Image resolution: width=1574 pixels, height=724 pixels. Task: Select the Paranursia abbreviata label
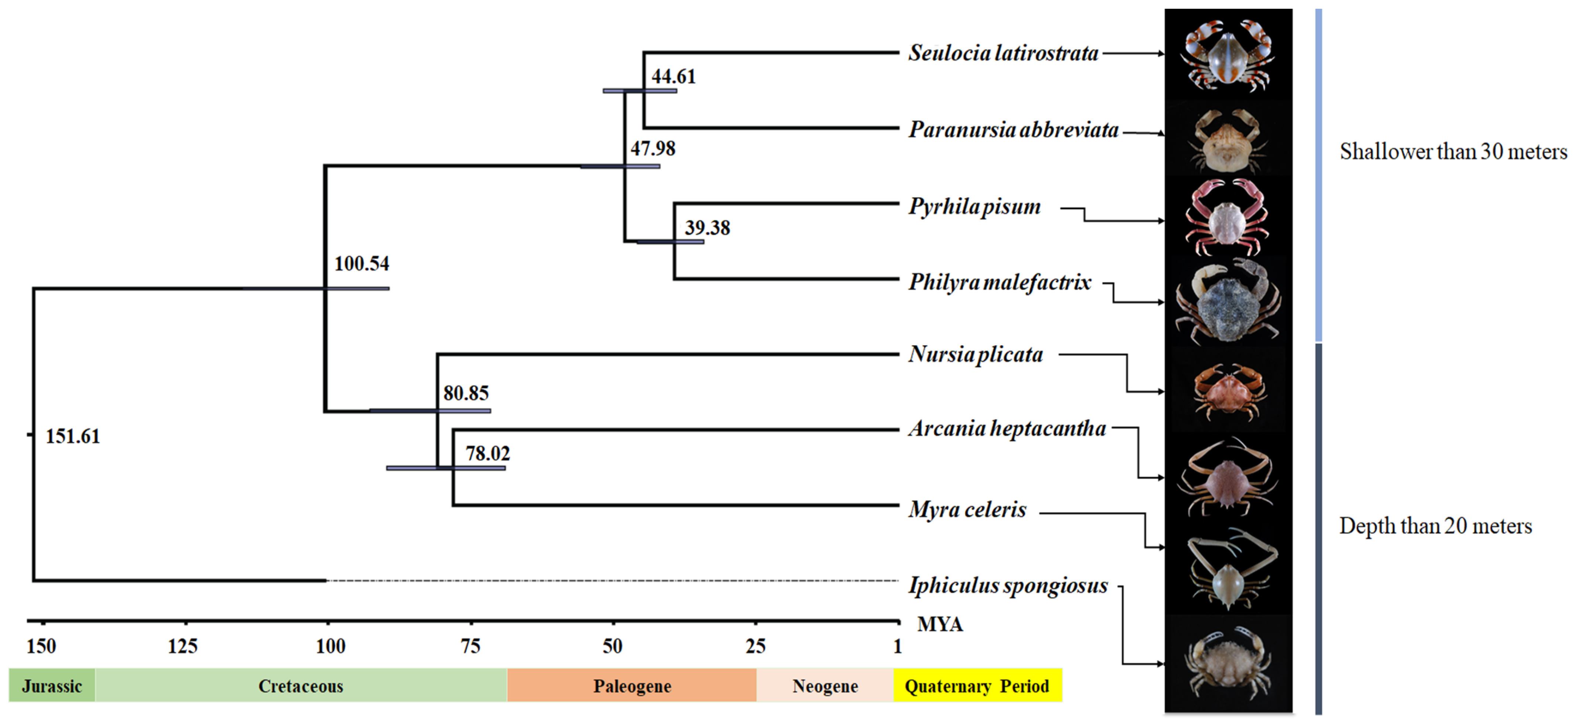(x=1013, y=130)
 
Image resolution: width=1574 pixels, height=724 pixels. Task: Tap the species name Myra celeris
(x=967, y=509)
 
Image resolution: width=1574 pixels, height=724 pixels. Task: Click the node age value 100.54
(x=361, y=264)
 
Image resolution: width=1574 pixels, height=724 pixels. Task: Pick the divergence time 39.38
(x=707, y=228)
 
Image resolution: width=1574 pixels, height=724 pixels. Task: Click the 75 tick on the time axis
(x=471, y=646)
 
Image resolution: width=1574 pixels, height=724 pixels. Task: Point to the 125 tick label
(x=183, y=646)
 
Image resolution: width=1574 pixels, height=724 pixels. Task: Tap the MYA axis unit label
(x=940, y=624)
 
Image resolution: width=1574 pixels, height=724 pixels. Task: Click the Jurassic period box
(x=52, y=686)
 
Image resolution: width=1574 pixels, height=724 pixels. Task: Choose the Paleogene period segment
(x=632, y=686)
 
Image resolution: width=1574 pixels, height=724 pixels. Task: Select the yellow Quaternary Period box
(x=977, y=686)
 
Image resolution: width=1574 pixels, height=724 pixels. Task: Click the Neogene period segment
(x=825, y=686)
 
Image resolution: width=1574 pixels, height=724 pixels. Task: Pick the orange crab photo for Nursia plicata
(x=1226, y=391)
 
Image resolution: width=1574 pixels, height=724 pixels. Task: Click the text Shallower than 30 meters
(x=1453, y=152)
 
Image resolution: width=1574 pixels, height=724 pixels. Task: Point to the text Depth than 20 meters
(x=1435, y=526)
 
